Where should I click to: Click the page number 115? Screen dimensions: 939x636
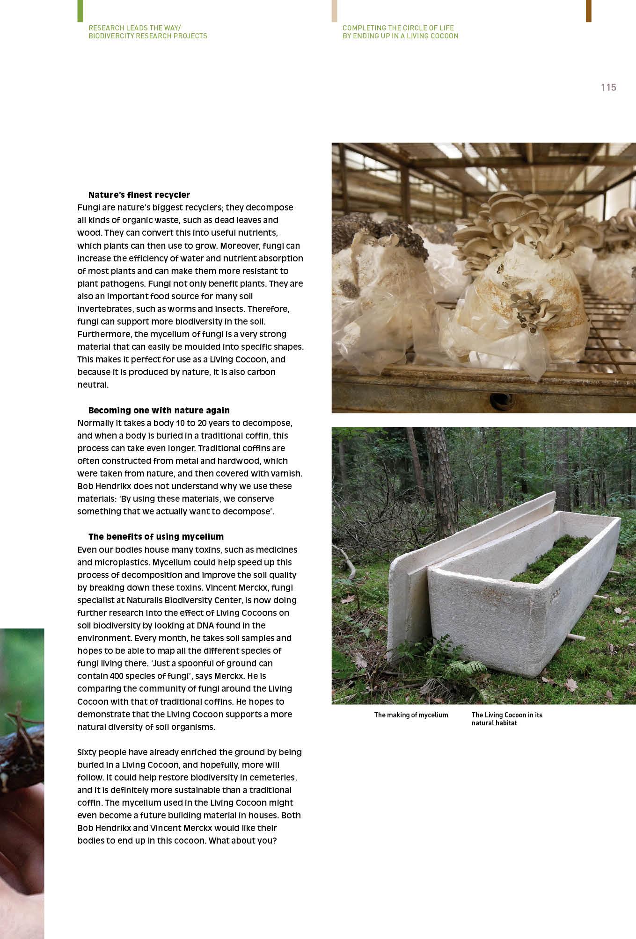[x=608, y=87]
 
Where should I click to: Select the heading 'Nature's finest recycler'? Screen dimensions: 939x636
[x=139, y=195]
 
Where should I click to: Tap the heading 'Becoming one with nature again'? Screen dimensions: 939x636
[x=159, y=410]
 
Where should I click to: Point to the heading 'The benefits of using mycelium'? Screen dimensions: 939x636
[x=156, y=536]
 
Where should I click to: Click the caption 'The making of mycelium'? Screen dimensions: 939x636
[x=411, y=715]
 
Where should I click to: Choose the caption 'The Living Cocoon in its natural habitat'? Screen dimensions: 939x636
[x=506, y=719]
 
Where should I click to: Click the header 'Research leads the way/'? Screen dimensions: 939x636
[x=135, y=28]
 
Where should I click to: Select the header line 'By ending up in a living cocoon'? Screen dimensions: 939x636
[x=400, y=36]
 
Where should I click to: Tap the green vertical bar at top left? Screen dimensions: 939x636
[x=80, y=11]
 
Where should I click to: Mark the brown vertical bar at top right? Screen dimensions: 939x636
[x=588, y=11]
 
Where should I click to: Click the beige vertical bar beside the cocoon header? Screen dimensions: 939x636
[x=334, y=11]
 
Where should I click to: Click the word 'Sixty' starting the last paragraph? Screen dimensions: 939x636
[x=87, y=752]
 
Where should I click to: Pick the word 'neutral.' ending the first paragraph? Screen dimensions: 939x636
[x=93, y=385]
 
